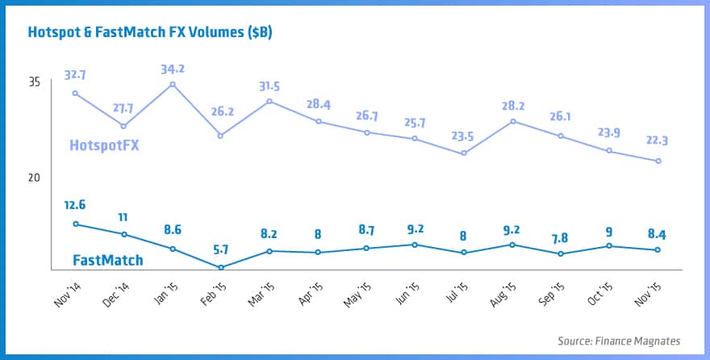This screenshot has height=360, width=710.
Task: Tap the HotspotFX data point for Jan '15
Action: [x=173, y=84]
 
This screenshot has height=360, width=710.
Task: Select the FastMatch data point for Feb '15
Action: [x=221, y=267]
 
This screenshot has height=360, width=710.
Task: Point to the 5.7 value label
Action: [x=221, y=249]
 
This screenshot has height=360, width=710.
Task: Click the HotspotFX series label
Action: [x=110, y=146]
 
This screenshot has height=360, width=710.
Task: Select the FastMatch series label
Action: [x=107, y=260]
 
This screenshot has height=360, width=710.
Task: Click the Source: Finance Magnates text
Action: [x=619, y=341]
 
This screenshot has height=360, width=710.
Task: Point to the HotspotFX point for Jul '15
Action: [x=463, y=153]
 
